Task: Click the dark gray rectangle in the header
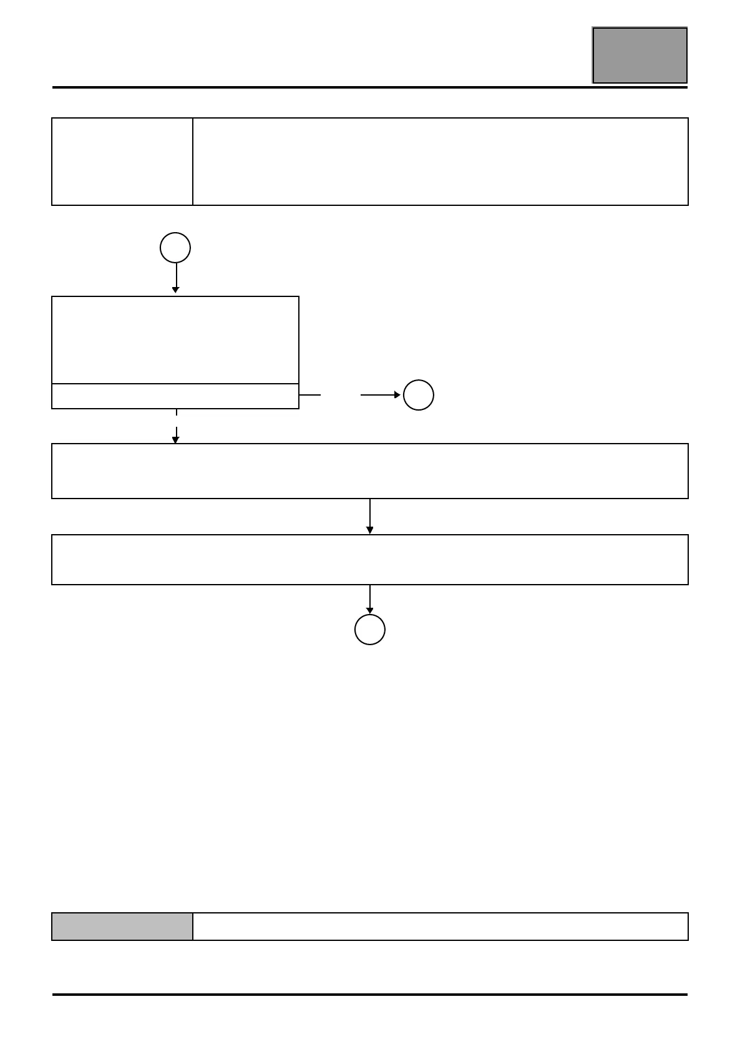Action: (640, 55)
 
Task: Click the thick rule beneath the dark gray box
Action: (369, 87)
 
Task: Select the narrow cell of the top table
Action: (122, 161)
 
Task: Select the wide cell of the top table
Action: (440, 161)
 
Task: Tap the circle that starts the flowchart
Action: (175, 248)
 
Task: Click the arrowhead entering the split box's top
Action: (176, 290)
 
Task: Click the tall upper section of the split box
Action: (175, 340)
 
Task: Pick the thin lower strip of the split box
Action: (175, 396)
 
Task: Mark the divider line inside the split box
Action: (175, 384)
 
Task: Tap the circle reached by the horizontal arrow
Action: (419, 395)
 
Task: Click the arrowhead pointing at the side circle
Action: (397, 395)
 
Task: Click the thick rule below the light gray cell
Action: (369, 995)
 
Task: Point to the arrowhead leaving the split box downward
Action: (176, 440)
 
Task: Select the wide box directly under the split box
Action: (369, 471)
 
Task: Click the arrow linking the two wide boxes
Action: (370, 517)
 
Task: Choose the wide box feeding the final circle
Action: (369, 560)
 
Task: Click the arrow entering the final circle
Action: (370, 600)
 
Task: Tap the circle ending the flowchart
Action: (370, 630)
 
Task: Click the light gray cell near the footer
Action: (122, 927)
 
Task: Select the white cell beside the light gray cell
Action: (440, 927)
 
